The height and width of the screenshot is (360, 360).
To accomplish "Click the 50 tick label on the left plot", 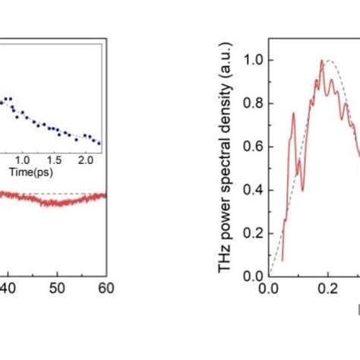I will [x=56, y=289].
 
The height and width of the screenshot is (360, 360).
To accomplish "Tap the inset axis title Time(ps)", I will [x=28, y=173].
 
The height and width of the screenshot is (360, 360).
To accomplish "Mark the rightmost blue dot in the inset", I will [x=98, y=142].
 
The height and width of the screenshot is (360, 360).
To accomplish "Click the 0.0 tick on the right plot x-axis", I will [x=268, y=289].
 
